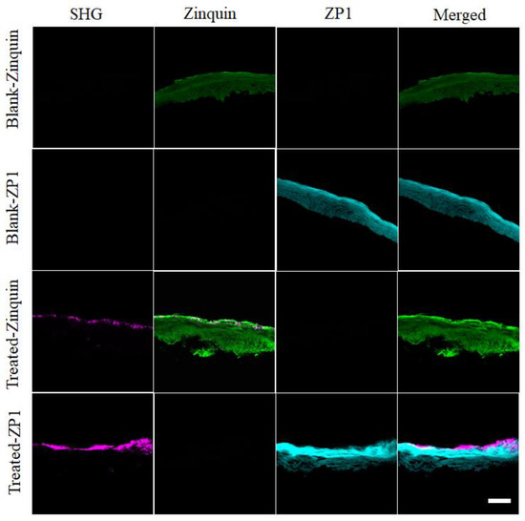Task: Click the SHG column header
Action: coord(91,14)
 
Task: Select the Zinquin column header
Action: coord(214,14)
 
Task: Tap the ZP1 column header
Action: coord(336,14)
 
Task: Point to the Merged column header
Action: coord(458,14)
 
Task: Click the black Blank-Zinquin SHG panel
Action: coord(93,86)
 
